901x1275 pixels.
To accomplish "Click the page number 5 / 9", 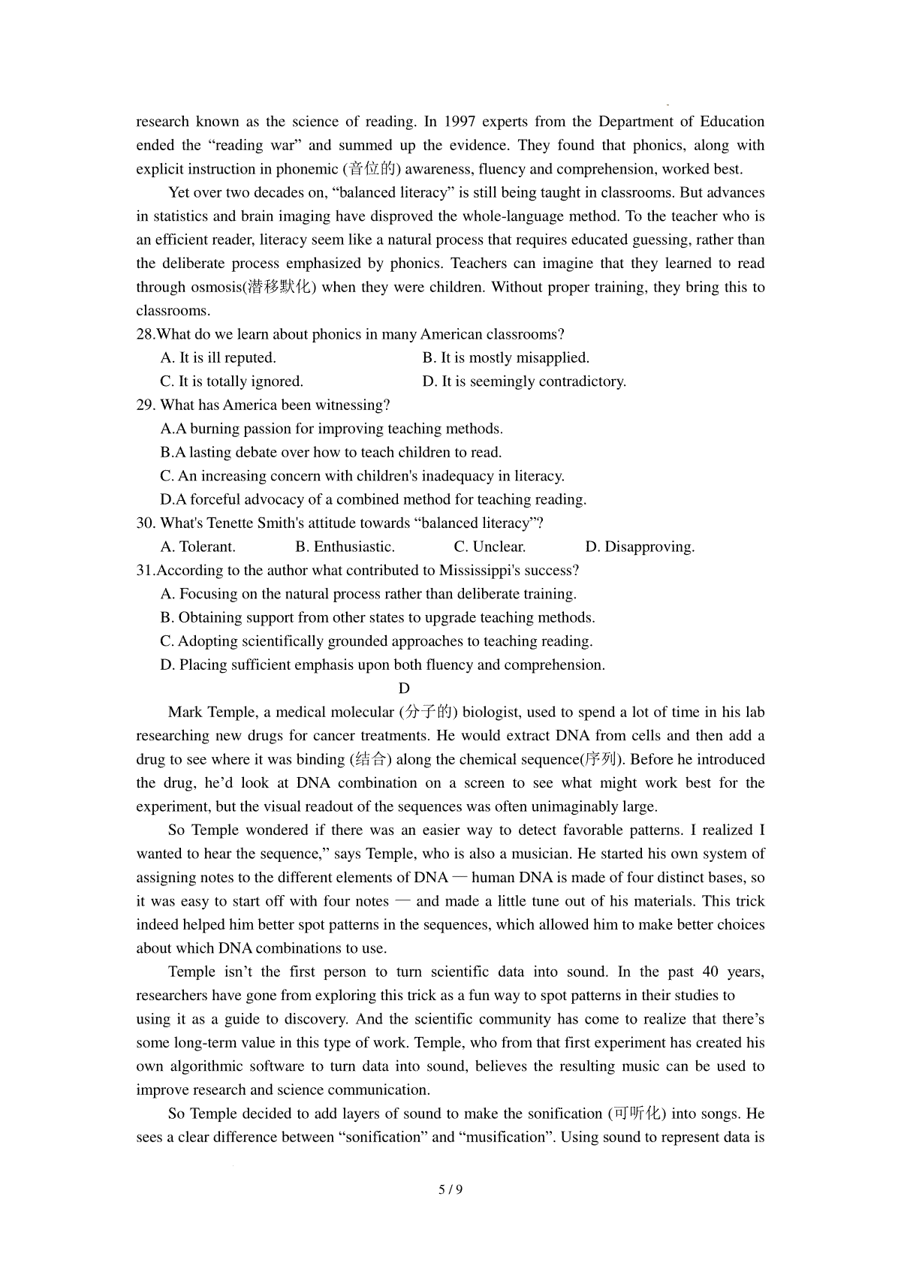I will click(450, 1189).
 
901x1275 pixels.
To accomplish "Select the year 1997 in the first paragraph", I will click(460, 122).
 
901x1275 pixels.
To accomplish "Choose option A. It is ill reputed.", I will click(218, 357).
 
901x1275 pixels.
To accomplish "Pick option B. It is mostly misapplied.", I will click(505, 357).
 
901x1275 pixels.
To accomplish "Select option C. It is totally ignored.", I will click(231, 381).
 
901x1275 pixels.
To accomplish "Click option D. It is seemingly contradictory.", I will click(523, 381).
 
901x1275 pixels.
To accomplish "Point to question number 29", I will click(146, 405).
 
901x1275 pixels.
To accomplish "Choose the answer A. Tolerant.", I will click(198, 547).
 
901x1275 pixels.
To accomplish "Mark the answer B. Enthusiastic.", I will click(345, 547).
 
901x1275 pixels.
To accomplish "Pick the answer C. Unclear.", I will click(490, 547).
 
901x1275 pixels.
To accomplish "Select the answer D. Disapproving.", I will click(640, 547).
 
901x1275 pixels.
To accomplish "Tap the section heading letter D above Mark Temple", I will click(404, 689).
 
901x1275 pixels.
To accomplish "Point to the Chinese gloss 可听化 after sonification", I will click(637, 1114).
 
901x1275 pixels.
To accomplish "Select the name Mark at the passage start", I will click(185, 712).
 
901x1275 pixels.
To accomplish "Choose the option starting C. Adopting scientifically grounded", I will click(376, 641).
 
